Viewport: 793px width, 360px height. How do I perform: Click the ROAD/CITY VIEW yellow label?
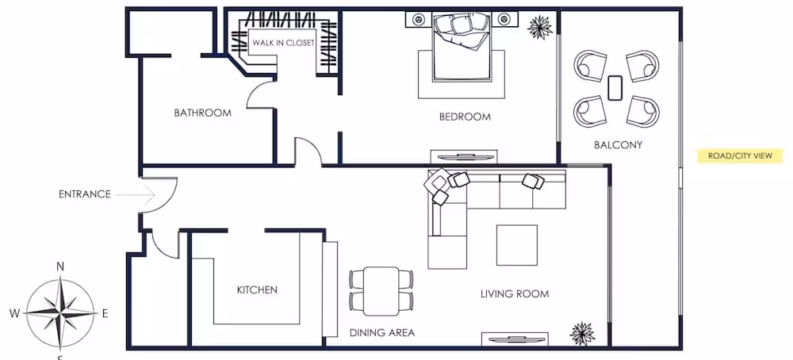[x=740, y=155]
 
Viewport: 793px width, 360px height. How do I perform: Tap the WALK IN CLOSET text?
[x=283, y=43]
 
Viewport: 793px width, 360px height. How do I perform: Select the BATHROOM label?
[x=202, y=113]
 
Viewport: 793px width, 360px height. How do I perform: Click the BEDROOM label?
[x=465, y=117]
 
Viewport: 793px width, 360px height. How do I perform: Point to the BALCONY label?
[x=618, y=145]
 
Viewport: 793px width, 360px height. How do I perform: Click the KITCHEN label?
[x=257, y=289]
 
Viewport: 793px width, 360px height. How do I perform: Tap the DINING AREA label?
[x=382, y=333]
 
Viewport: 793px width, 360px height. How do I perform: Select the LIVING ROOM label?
[x=515, y=293]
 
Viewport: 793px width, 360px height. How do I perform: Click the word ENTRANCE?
[x=85, y=194]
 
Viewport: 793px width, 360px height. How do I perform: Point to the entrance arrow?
[x=135, y=194]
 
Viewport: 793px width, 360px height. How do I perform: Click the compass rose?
[x=60, y=313]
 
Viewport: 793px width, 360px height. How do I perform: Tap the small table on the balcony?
[x=615, y=88]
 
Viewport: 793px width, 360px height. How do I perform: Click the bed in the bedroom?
[x=462, y=47]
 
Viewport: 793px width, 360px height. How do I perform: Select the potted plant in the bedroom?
[x=539, y=27]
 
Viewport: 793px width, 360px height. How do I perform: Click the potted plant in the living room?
[x=582, y=334]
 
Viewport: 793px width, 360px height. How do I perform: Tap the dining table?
[x=382, y=291]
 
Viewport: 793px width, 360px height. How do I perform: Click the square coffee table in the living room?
[x=516, y=245]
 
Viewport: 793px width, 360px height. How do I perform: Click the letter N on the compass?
[x=60, y=267]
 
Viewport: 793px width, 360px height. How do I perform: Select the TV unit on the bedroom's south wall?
[x=464, y=157]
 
